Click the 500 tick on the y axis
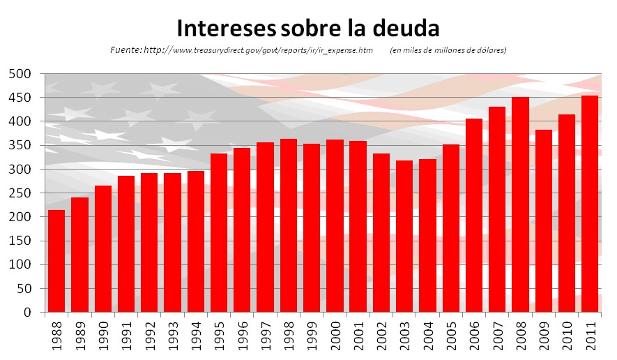point(20,74)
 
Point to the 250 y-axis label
point(20,193)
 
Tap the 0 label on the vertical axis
point(28,313)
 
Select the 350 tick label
point(20,146)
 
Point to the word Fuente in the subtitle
point(125,50)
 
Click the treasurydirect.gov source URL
point(273,51)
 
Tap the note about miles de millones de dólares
point(448,51)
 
